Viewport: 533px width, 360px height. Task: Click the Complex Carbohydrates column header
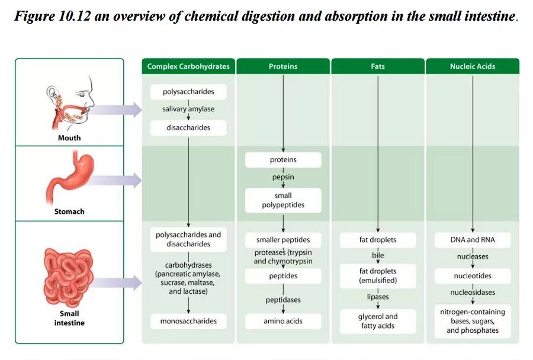(188, 66)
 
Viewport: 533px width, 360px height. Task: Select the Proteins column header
(283, 66)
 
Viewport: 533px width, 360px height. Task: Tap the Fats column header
(378, 66)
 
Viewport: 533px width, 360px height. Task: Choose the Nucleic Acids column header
(473, 66)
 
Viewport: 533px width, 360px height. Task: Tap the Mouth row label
(69, 138)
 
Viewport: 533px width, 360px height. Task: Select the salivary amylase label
(188, 110)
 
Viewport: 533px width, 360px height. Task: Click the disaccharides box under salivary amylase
(188, 127)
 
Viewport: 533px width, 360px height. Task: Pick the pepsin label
(283, 177)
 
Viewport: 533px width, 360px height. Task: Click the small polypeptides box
(283, 201)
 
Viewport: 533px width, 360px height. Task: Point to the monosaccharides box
(188, 321)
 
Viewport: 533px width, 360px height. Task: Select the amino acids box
(283, 321)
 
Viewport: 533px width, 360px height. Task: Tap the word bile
(378, 255)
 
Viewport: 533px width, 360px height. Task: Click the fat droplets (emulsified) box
(378, 275)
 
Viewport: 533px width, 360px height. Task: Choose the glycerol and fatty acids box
(378, 321)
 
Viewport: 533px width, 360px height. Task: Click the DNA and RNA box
(473, 240)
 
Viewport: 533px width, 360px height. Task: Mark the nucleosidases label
(473, 292)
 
